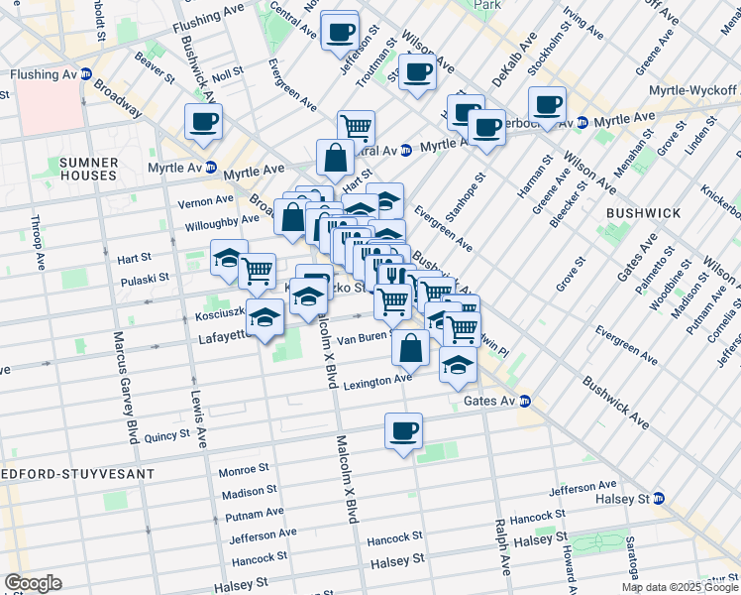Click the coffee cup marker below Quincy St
[403, 431]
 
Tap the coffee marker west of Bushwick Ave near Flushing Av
[204, 123]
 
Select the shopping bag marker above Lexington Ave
[410, 349]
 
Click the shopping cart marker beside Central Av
[356, 128]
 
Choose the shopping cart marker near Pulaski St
[258, 270]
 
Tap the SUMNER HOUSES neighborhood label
[87, 169]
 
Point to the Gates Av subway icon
[525, 402]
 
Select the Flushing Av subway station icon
[86, 73]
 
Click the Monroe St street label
[244, 469]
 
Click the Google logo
[33, 583]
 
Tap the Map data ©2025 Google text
[680, 587]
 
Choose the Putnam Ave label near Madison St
[255, 515]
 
